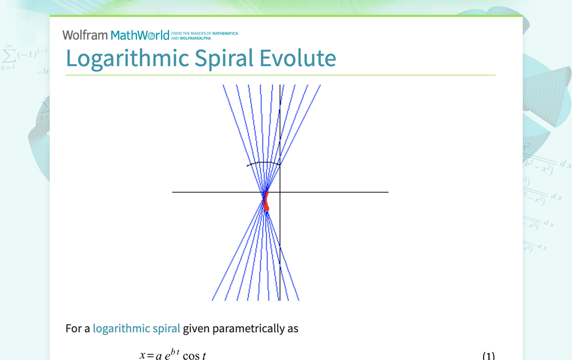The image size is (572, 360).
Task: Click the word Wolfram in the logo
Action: click(x=85, y=35)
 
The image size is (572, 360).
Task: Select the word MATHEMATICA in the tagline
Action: click(x=225, y=34)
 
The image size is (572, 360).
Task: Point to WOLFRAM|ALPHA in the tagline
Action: click(x=198, y=38)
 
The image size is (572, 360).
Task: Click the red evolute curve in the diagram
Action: click(x=266, y=202)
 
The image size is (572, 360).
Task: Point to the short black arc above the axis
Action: click(x=264, y=163)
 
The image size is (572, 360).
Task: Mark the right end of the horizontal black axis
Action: click(x=387, y=192)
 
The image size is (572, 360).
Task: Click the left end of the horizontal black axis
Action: click(x=174, y=192)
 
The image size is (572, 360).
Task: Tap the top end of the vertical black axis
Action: click(x=280, y=86)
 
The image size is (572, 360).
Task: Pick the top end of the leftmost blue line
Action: click(x=223, y=86)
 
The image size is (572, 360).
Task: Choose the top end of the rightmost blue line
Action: click(x=320, y=86)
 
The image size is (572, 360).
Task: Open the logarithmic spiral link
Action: click(x=136, y=329)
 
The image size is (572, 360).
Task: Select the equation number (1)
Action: click(x=488, y=356)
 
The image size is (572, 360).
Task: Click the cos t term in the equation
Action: click(x=194, y=356)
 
